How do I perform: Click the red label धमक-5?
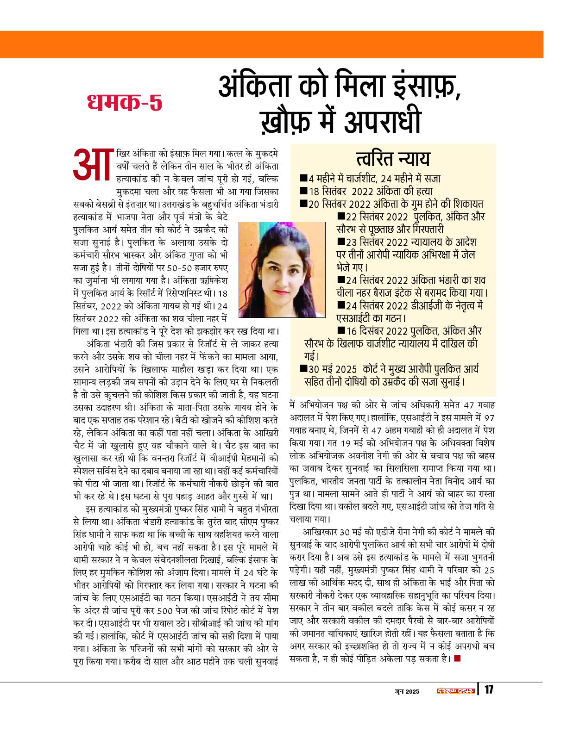(125, 103)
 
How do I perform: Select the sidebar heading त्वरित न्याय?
(393, 159)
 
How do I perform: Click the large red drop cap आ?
(92, 164)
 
